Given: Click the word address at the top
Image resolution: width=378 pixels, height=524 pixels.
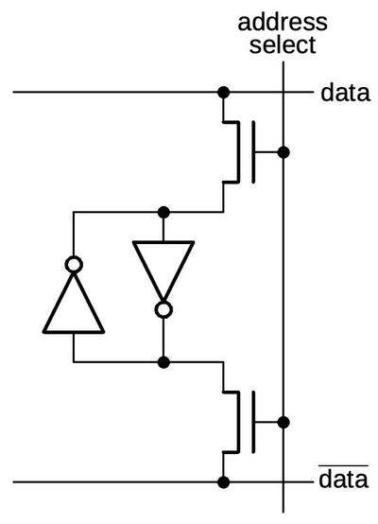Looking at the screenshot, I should pos(283,21).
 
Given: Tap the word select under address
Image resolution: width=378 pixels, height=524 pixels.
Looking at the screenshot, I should pos(283,44).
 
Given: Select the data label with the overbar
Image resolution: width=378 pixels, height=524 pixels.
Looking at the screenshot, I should pos(342,480).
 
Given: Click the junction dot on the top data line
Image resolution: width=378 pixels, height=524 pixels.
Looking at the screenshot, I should pos(223,93).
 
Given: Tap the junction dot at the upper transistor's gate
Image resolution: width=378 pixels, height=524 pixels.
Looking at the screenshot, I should pos(283,151).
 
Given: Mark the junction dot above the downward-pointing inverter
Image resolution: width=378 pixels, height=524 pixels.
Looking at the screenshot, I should pos(163,211).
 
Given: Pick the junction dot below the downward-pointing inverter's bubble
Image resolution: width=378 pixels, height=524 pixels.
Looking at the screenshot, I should pos(163,361).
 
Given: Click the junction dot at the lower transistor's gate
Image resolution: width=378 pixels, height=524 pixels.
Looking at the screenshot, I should pos(283,422).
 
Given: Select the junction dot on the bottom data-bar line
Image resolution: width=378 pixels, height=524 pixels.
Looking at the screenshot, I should pos(223,482).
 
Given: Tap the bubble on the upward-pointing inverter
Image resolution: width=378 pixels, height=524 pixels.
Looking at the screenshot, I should pos(73,264).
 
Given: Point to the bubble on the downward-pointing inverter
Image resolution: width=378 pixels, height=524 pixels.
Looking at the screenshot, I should pos(163,309).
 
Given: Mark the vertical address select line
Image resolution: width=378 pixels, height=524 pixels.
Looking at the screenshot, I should pos(283,284).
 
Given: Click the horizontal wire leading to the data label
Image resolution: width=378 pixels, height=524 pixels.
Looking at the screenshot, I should pos(113,93).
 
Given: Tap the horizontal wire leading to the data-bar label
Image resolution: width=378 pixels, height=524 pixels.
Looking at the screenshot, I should pos(113,482).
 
